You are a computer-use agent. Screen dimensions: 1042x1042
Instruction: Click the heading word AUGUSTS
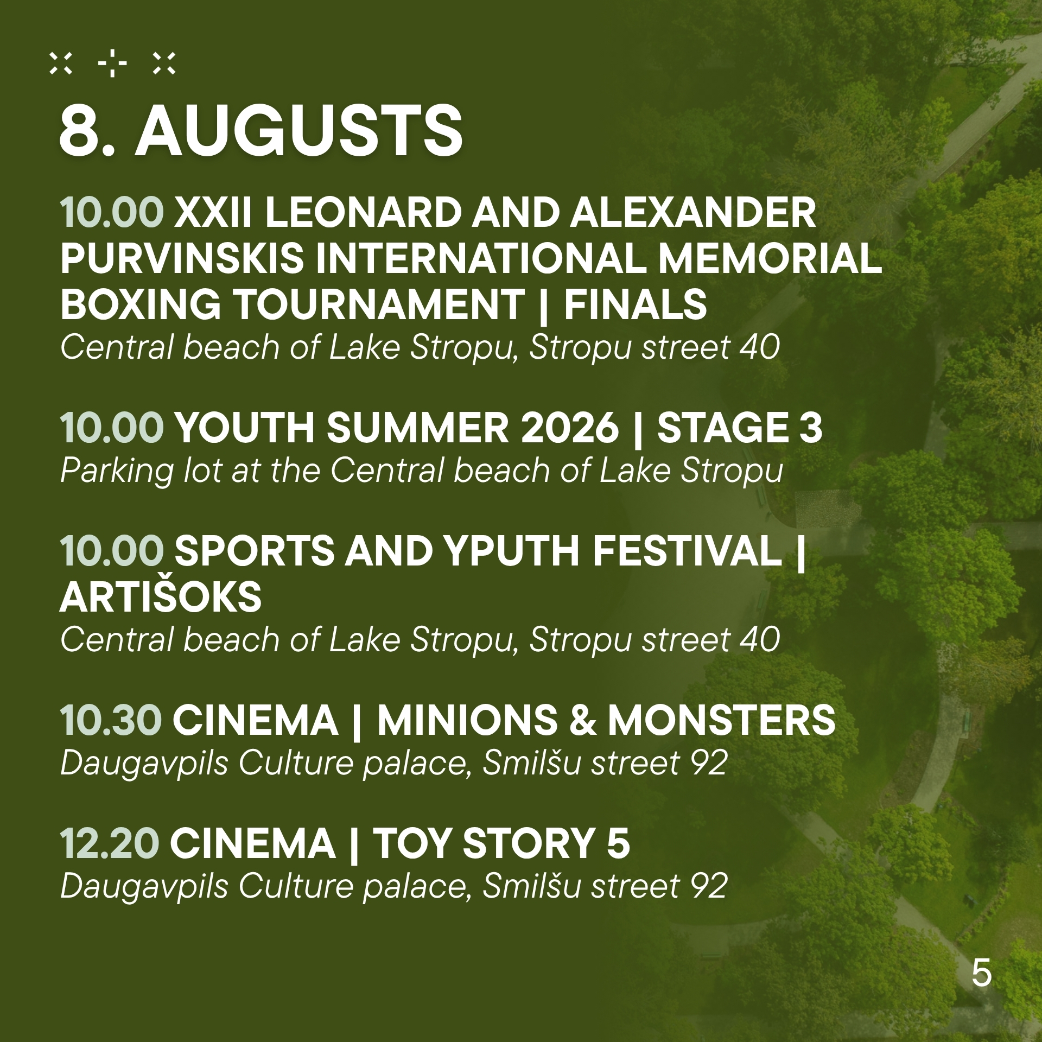point(299,131)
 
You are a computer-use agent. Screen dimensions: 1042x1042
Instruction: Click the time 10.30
point(111,720)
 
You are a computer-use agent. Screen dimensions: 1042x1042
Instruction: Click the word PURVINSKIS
point(182,258)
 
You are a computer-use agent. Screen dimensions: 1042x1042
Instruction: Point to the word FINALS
point(636,304)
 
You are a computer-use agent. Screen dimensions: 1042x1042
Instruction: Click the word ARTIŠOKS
point(161,597)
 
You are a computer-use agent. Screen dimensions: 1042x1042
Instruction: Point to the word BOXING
point(141,304)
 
